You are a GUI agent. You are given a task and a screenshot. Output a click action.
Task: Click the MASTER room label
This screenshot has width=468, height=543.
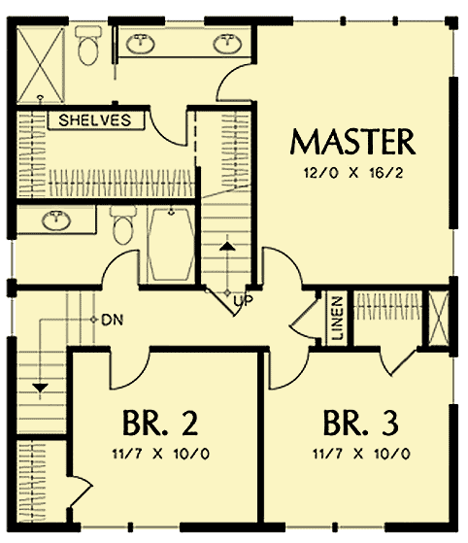click(x=353, y=143)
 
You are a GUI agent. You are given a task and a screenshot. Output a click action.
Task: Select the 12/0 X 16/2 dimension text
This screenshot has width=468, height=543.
click(x=353, y=175)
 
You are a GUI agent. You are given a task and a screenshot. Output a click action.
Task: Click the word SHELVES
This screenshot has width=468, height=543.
click(x=95, y=120)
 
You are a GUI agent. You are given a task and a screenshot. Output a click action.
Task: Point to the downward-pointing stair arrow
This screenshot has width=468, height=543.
click(x=40, y=388)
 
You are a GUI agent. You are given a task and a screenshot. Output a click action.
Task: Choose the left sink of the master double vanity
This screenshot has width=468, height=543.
click(x=143, y=43)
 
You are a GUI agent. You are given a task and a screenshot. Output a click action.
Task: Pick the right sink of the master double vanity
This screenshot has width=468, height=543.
click(x=227, y=43)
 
